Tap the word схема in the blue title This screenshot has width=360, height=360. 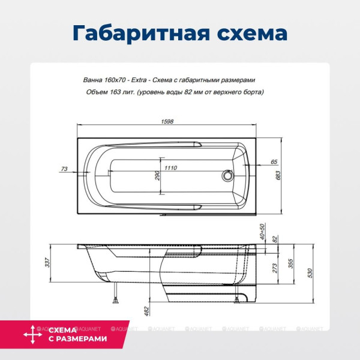[x=246, y=31]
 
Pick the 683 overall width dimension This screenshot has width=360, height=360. [x=287, y=175]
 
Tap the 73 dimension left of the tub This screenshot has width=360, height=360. [x=65, y=169]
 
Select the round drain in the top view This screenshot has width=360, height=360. [x=227, y=176]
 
